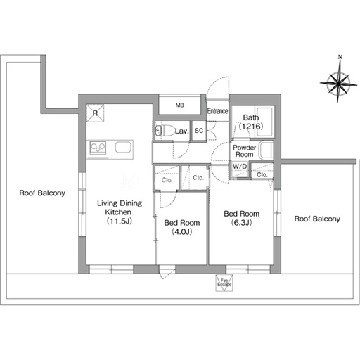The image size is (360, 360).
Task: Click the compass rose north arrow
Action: [338, 79]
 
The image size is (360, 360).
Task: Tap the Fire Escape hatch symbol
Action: [224, 283]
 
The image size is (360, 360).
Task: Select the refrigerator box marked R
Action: [95, 113]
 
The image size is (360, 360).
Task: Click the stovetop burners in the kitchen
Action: [98, 148]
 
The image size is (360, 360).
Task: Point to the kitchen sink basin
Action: [123, 147]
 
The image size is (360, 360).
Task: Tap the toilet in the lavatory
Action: [165, 130]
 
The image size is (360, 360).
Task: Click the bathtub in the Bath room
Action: [264, 122]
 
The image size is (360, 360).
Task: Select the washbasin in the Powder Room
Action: [266, 150]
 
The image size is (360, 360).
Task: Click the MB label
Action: [180, 105]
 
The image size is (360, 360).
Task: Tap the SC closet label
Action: [199, 131]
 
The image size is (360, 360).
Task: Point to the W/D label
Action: [240, 167]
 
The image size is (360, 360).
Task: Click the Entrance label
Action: [217, 111]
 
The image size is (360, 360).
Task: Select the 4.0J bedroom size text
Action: [182, 232]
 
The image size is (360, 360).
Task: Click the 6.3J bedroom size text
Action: [241, 223]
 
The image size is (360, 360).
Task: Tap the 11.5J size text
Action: [120, 221]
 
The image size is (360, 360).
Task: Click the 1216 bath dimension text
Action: [251, 127]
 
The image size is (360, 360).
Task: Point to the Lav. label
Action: [182, 131]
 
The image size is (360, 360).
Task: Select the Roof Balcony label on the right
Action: [317, 219]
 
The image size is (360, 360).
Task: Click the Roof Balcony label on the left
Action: [42, 193]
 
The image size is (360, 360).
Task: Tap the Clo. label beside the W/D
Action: [262, 175]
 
